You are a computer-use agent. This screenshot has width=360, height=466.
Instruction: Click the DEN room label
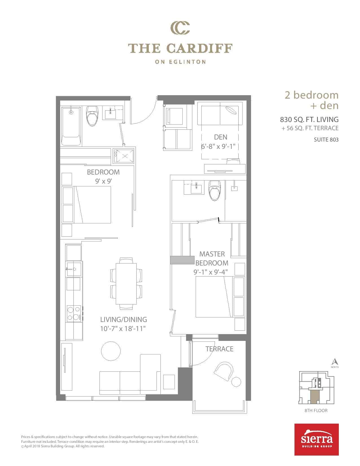click(x=221, y=137)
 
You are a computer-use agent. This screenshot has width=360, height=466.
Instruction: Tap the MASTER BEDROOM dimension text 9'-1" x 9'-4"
click(x=210, y=272)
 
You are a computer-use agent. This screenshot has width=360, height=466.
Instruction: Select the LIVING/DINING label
click(x=123, y=319)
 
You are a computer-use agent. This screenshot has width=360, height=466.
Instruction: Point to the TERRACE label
click(x=219, y=349)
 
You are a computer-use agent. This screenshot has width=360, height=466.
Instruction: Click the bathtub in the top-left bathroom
click(x=71, y=126)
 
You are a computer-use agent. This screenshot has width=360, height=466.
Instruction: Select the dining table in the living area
click(x=126, y=284)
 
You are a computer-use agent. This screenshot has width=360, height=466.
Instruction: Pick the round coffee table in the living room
click(x=111, y=351)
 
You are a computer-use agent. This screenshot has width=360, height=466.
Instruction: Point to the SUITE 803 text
click(x=326, y=140)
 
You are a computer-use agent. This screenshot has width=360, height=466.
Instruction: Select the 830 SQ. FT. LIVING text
click(x=309, y=119)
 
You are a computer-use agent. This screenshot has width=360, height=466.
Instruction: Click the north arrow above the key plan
click(x=335, y=362)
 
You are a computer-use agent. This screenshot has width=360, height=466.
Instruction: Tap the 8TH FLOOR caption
click(x=316, y=410)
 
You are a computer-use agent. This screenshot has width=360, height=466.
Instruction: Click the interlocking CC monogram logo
click(x=180, y=28)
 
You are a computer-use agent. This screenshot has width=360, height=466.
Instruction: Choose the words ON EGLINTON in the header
click(x=180, y=62)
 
